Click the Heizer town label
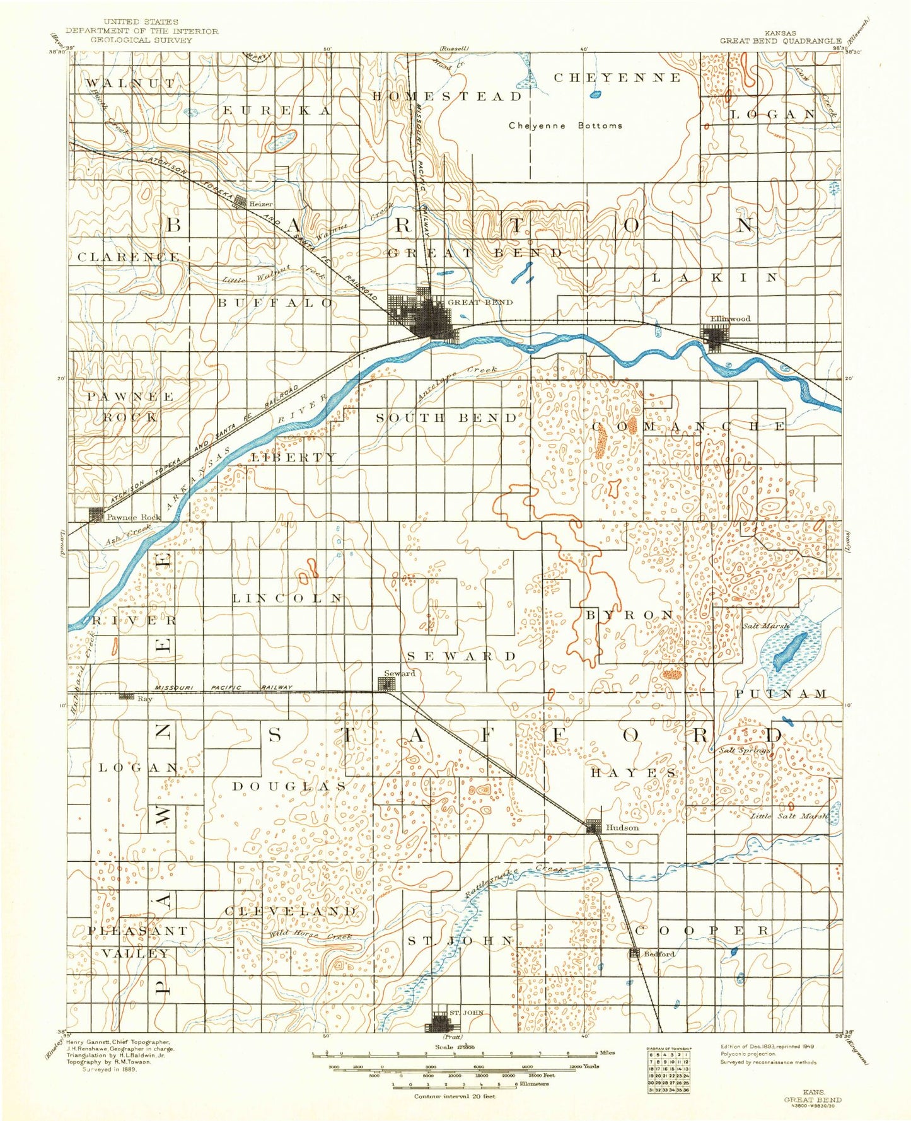pos(261,204)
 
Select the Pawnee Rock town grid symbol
pos(96,515)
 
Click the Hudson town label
pos(622,827)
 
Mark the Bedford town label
pos(659,954)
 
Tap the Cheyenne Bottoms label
pos(566,125)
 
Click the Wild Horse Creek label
pos(310,936)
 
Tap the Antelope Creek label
pos(458,383)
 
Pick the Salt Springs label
pos(745,750)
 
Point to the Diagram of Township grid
pos(668,1069)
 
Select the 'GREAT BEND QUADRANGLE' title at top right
pos(780,41)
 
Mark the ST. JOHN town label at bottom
pos(467,1013)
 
